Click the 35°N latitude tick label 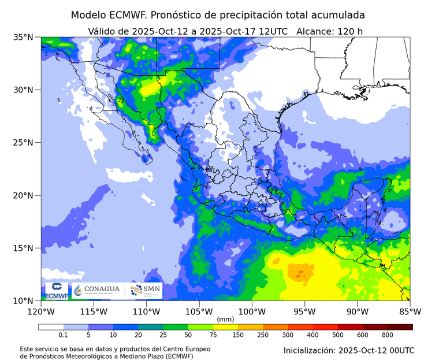click(24, 37)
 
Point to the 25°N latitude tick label click(24, 143)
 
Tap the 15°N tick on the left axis click(24, 248)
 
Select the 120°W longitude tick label click(40, 311)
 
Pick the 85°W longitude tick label click(410, 311)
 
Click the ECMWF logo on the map click(57, 291)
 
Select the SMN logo click(146, 290)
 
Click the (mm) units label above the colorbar click(225, 318)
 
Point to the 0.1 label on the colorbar click(62, 335)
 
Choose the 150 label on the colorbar click(238, 335)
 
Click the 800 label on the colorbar click(387, 335)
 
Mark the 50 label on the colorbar click(188, 335)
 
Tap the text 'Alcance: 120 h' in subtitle click(329, 31)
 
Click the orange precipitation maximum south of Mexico click(301, 271)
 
